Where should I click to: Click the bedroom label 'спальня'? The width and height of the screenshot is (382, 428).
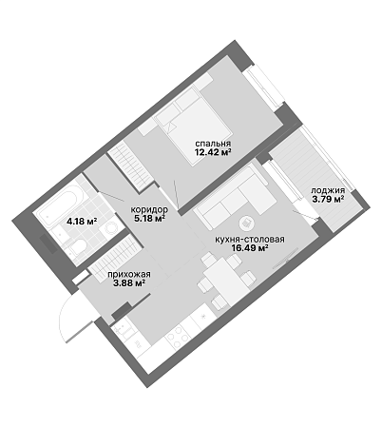coord(213,144)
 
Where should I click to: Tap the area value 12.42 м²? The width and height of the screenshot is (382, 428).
coord(213,152)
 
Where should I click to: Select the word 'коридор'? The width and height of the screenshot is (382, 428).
coord(149,209)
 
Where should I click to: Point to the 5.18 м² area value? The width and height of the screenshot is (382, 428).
coord(149,219)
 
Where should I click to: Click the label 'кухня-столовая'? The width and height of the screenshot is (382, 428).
coord(250,240)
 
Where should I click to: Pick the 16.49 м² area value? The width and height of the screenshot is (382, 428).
coord(250,247)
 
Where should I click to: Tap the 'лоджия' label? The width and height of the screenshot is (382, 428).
coord(328,190)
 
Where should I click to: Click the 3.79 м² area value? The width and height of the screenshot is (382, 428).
coord(328,200)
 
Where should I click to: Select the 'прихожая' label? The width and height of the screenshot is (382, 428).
coord(129,275)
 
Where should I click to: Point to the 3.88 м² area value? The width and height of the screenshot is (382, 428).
coord(129,282)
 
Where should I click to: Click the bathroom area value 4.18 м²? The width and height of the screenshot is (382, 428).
coord(82,221)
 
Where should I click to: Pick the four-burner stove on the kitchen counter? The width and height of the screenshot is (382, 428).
coord(178,338)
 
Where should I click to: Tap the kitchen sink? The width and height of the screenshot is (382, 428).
coord(124,330)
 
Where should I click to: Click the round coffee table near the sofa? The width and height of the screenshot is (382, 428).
coord(247,223)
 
